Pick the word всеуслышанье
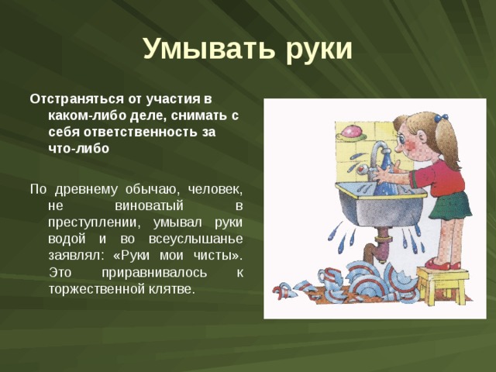click(x=193, y=238)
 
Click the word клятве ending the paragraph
click(x=176, y=289)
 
